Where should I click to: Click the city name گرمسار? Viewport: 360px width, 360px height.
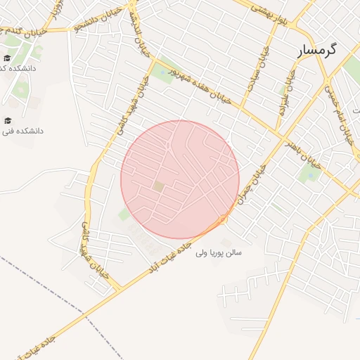point(317,51)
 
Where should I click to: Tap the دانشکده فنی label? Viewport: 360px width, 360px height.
point(23,130)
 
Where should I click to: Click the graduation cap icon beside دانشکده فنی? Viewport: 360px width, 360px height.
point(8,120)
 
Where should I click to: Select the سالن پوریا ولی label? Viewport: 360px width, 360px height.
point(219,251)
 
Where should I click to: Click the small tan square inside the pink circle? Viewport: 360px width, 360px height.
point(158,186)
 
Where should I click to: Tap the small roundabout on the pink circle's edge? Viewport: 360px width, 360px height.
point(223,219)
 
